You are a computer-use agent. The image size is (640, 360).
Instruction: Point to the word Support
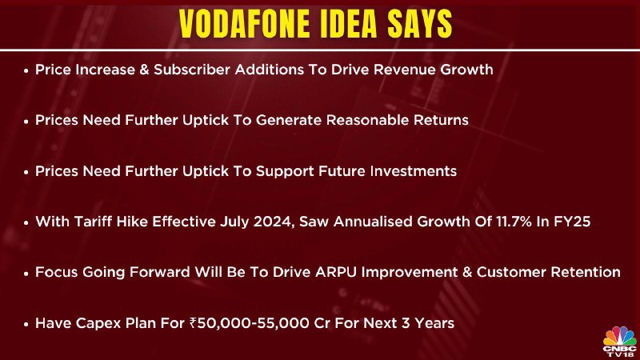(285, 172)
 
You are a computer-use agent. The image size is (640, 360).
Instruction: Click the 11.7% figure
(514, 222)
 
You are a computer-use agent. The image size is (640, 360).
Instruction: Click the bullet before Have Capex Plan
(26, 325)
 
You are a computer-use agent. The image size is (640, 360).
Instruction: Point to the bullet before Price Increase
(26, 71)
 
